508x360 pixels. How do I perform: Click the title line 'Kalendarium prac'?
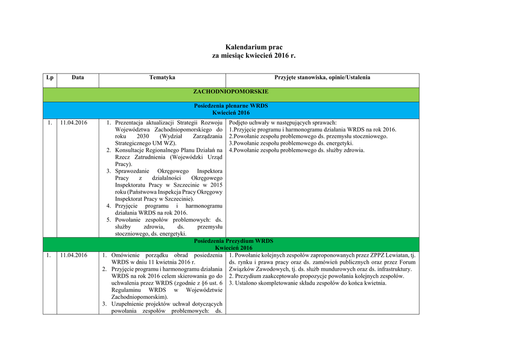click(x=254, y=47)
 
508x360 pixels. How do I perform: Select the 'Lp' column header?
click(x=50, y=77)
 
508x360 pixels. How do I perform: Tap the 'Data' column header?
click(x=78, y=77)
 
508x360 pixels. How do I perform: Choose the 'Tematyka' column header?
click(x=162, y=77)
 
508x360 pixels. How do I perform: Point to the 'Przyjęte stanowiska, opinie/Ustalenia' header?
click(x=322, y=77)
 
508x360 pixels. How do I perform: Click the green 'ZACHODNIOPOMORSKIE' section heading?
click(x=231, y=92)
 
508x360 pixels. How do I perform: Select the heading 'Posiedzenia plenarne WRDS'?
click(x=231, y=106)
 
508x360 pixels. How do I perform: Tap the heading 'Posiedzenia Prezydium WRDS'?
click(x=233, y=241)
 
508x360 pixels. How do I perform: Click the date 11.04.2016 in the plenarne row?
click(x=73, y=123)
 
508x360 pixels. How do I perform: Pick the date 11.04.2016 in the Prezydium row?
click(x=73, y=255)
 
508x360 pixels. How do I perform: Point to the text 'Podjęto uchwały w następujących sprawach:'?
click(x=283, y=123)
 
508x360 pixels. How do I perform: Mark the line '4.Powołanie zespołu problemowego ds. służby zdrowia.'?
click(x=297, y=150)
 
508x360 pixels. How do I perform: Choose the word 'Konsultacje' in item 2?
click(x=131, y=150)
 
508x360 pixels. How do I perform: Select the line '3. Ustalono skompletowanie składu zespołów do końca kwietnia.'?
click(x=308, y=283)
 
